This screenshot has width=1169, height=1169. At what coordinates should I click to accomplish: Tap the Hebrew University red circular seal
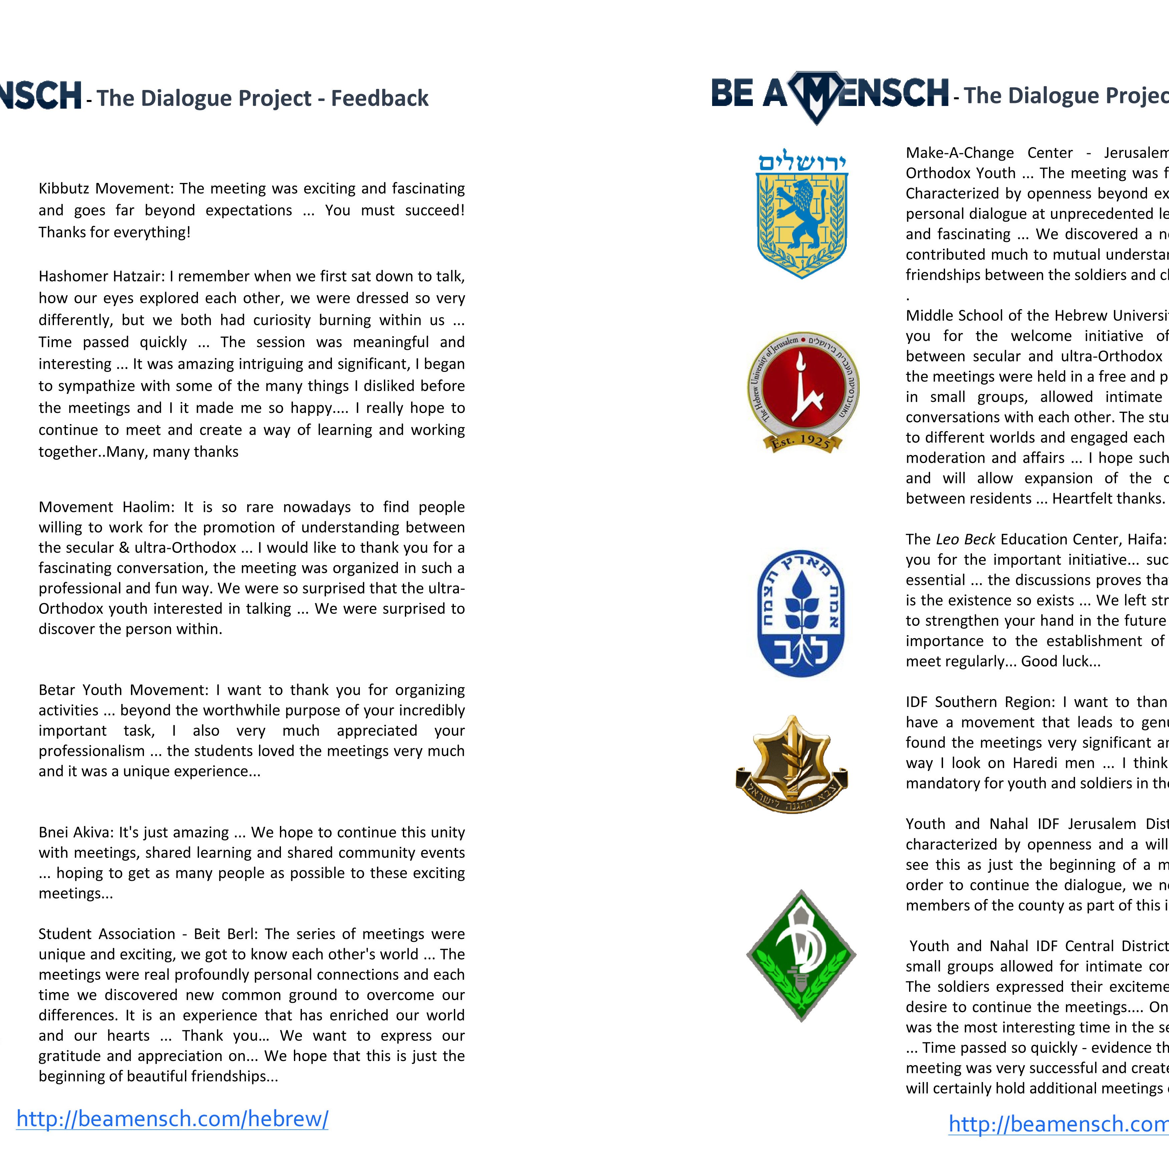[803, 387]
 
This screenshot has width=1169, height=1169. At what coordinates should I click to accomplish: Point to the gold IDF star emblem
[791, 763]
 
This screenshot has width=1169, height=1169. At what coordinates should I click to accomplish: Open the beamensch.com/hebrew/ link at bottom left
[172, 1119]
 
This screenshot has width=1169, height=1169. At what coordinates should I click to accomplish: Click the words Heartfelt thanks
[1108, 499]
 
